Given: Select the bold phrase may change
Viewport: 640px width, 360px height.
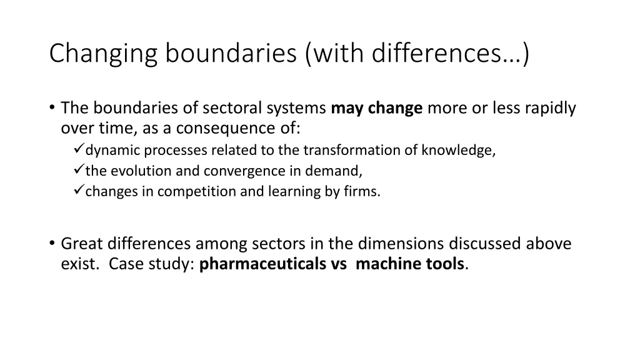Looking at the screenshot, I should click(377, 109).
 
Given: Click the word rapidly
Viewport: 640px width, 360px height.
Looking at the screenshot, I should click(550, 109).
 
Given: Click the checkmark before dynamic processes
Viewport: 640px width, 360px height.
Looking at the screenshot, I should click(78, 150).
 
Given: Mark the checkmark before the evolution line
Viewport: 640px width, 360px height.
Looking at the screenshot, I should click(78, 171).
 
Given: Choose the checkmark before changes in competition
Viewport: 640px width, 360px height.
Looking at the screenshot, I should click(78, 191).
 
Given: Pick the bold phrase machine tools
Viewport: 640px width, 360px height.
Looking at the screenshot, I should click(409, 264).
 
